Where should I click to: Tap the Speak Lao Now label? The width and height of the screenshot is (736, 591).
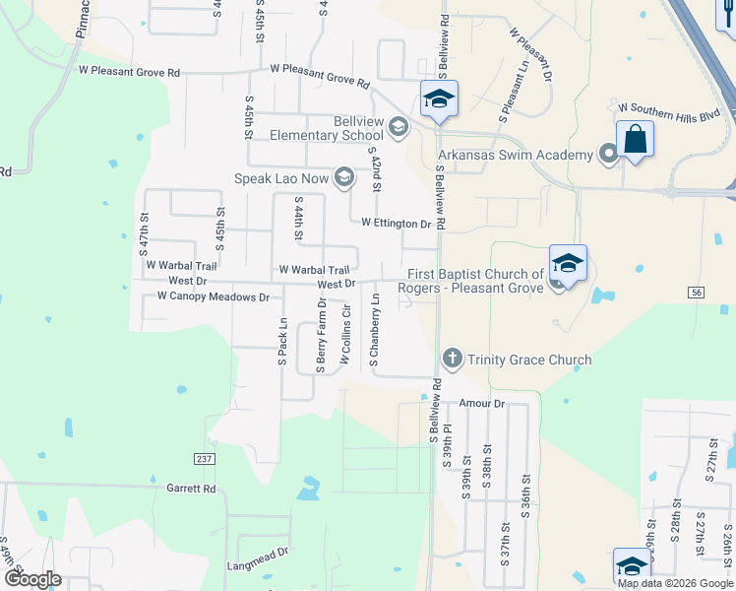(x=283, y=178)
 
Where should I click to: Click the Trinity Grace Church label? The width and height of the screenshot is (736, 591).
(x=529, y=360)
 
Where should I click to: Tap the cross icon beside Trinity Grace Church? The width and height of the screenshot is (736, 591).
(x=452, y=359)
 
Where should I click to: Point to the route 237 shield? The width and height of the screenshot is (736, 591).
(x=204, y=459)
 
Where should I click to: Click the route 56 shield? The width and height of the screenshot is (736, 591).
(x=697, y=293)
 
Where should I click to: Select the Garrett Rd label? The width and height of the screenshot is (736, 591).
(x=190, y=488)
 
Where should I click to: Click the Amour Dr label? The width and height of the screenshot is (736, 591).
(x=482, y=404)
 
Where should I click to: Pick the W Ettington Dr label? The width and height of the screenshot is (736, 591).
(x=397, y=224)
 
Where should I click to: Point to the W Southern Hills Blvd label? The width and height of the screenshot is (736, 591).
(x=670, y=115)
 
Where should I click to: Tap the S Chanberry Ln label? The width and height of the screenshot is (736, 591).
(x=375, y=334)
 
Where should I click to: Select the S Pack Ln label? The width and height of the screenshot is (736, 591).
(x=282, y=342)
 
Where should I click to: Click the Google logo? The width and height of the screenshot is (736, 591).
(x=31, y=579)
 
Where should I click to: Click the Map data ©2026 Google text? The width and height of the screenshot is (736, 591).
(x=674, y=583)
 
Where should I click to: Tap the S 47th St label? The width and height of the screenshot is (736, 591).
(x=144, y=233)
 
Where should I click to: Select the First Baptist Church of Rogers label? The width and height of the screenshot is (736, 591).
(x=470, y=281)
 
